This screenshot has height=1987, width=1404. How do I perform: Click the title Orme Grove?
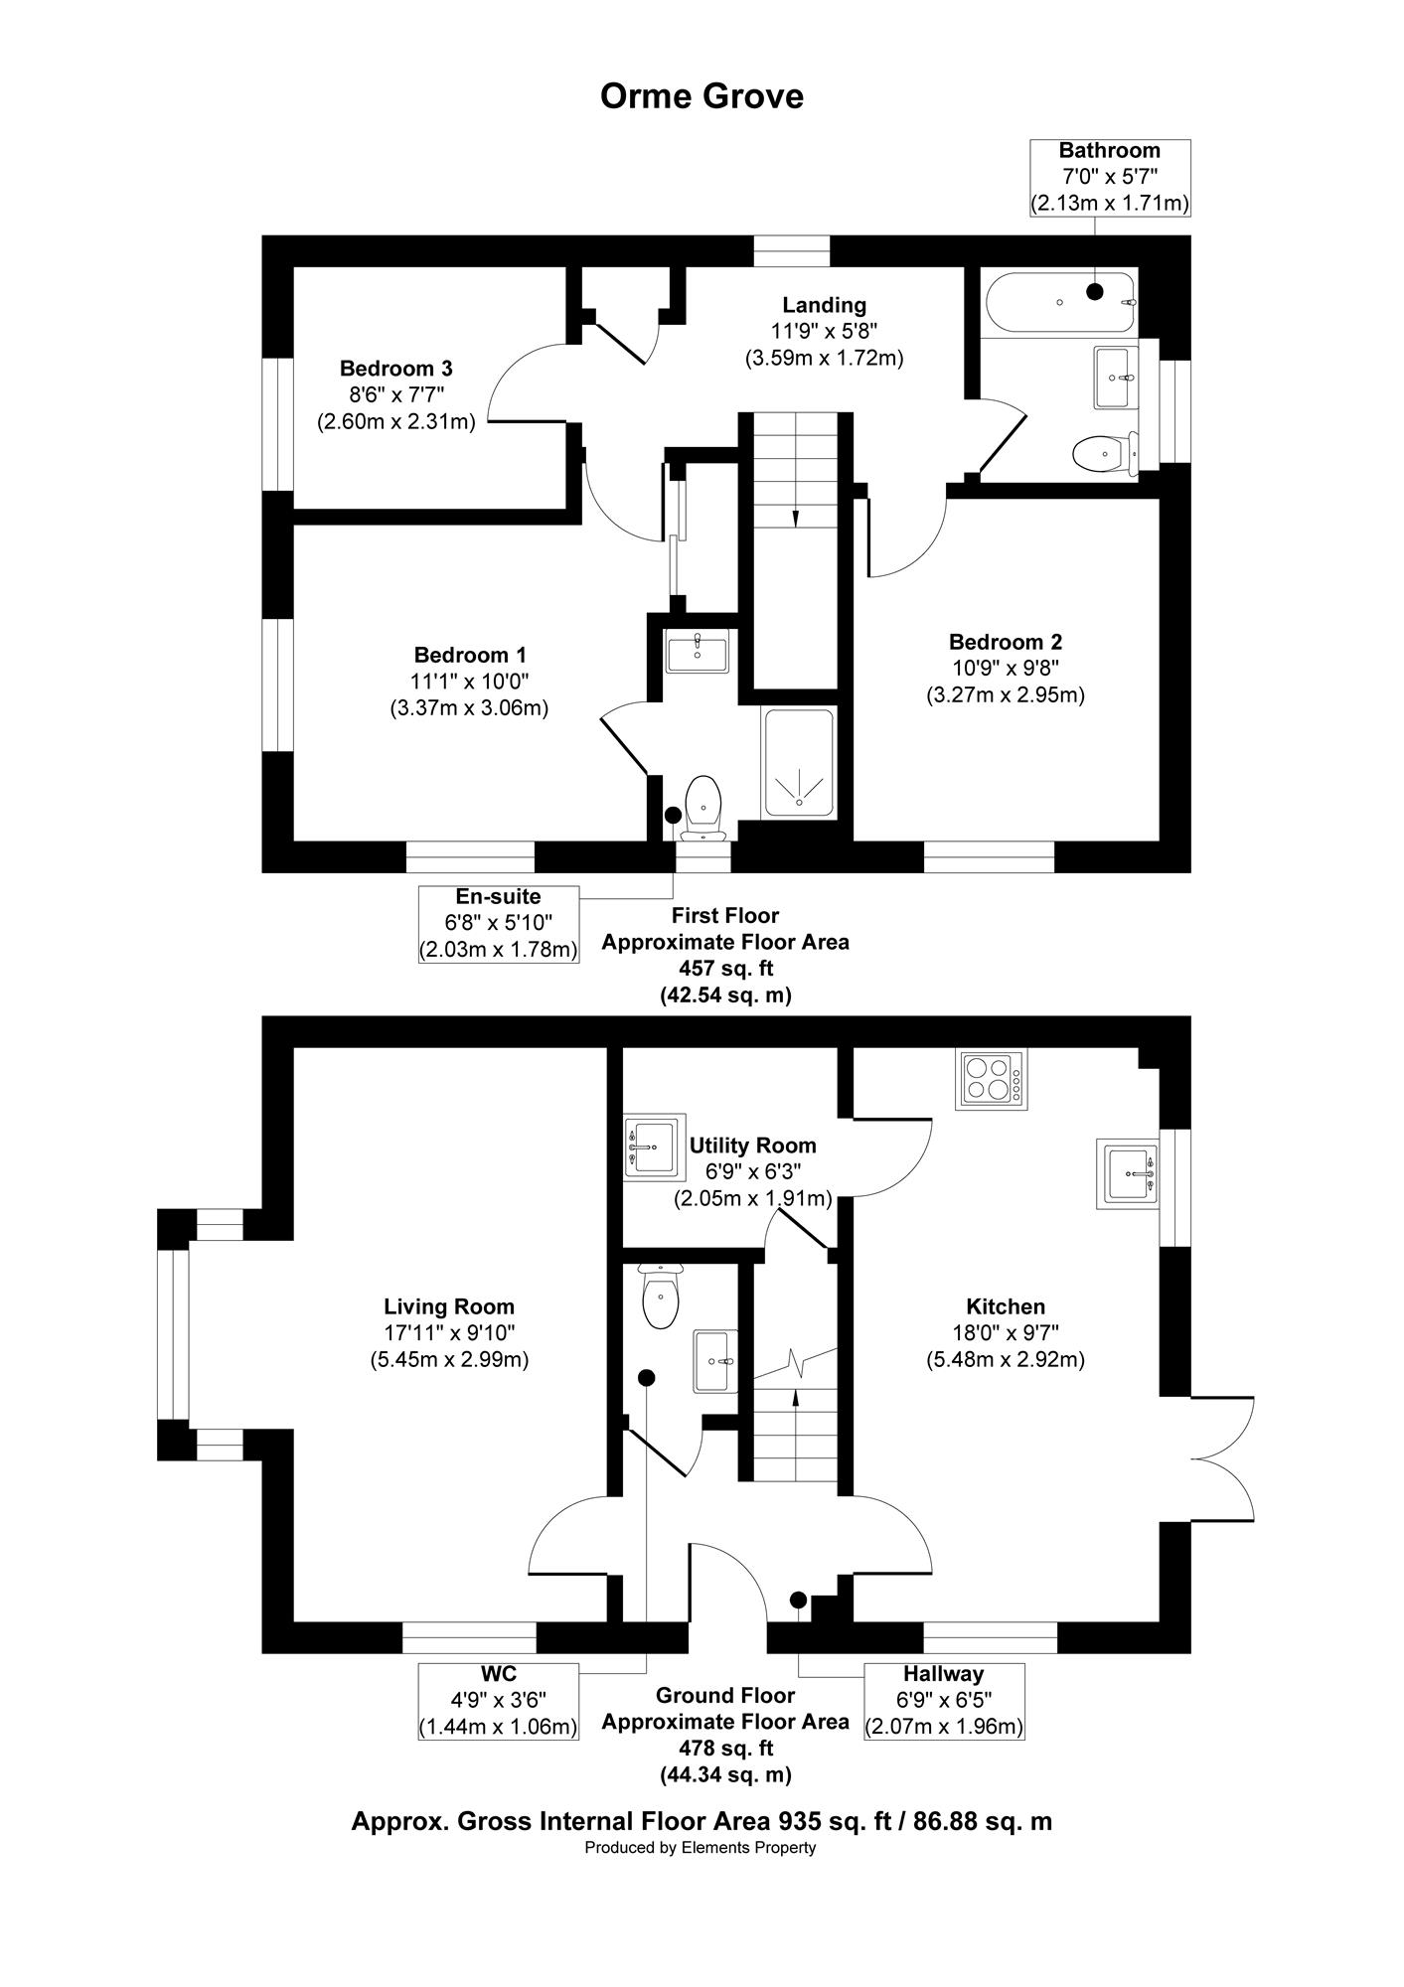pyautogui.click(x=702, y=96)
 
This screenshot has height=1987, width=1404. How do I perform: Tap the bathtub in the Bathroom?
pyautogui.click(x=1059, y=302)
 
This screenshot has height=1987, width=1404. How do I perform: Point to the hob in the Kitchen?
pyautogui.click(x=992, y=1079)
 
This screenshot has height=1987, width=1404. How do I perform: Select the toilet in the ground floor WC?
pyautogui.click(x=660, y=1297)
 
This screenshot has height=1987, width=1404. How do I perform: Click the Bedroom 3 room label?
pyautogui.click(x=396, y=368)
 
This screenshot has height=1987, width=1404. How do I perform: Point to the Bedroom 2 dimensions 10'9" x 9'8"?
pyautogui.click(x=1006, y=668)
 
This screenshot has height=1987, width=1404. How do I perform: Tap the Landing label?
pyautogui.click(x=824, y=305)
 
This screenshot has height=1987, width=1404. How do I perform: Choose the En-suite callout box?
pyautogui.click(x=498, y=923)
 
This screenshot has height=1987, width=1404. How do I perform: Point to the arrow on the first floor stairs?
pyautogui.click(x=795, y=518)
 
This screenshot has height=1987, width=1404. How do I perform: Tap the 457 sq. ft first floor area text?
pyautogui.click(x=724, y=968)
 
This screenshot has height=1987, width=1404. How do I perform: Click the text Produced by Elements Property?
pyautogui.click(x=701, y=1848)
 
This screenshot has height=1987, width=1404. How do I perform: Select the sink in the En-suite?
pyautogui.click(x=698, y=652)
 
